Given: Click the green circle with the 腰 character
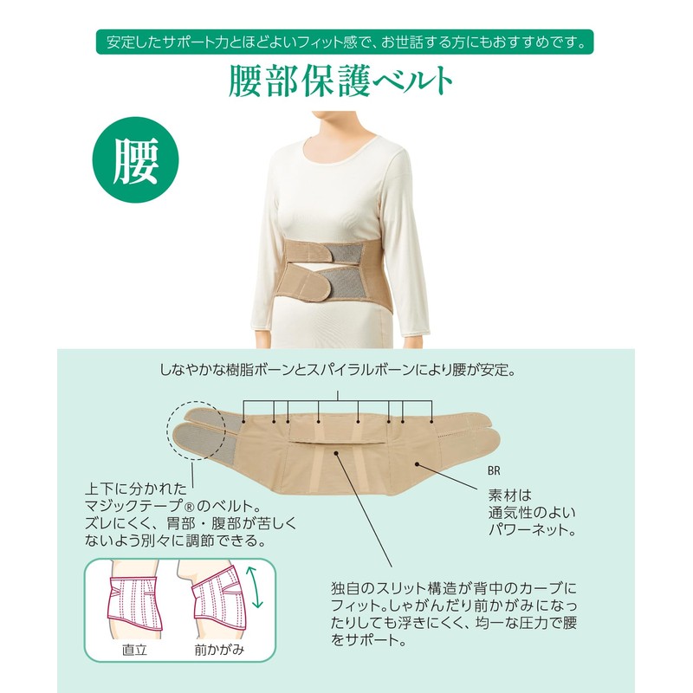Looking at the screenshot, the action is pyautogui.click(x=135, y=160).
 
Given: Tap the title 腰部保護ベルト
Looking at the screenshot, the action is pyautogui.click(x=340, y=81).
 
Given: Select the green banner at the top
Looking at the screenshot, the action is pyautogui.click(x=345, y=42).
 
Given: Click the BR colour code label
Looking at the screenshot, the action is pyautogui.click(x=494, y=471).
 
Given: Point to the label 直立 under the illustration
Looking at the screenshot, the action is pyautogui.click(x=134, y=650).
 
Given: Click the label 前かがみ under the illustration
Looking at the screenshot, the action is pyautogui.click(x=219, y=650).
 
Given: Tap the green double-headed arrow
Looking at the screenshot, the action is pyautogui.click(x=254, y=588).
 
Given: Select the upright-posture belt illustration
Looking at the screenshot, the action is pyautogui.click(x=135, y=603).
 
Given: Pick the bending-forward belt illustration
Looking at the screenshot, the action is pyautogui.click(x=219, y=601).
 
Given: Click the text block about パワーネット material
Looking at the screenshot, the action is pyautogui.click(x=532, y=513).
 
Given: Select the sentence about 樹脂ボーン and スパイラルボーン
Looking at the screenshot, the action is pyautogui.click(x=338, y=370).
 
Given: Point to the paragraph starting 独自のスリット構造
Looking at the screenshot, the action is pyautogui.click(x=454, y=614).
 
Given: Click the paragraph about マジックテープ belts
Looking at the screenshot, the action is pyautogui.click(x=190, y=515).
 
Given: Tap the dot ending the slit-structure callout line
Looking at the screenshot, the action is pyautogui.click(x=336, y=452).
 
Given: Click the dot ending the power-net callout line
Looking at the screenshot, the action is pyautogui.click(x=417, y=463).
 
